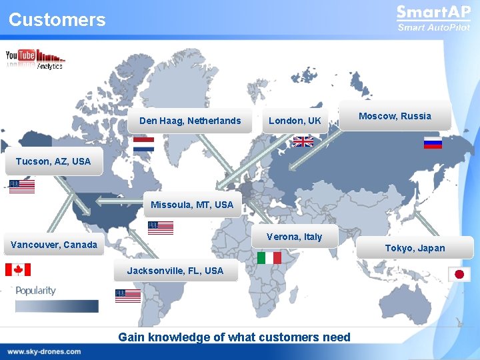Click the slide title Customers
coord(57,20)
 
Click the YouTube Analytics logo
coord(35,59)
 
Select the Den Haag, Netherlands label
coord(190,121)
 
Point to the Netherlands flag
coord(143,145)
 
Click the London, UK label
coord(295,121)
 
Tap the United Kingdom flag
coord(303,141)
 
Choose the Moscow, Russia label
coord(395,116)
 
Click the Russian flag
coord(433,142)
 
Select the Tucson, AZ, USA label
coord(53,161)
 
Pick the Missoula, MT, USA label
coord(192,205)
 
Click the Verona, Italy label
coord(294,237)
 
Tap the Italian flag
coord(269,257)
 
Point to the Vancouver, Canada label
coord(54,245)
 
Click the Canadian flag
coord(18,269)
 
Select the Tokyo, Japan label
coord(415,248)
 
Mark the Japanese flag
coord(459,274)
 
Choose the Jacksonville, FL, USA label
coord(175,271)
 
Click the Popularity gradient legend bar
coord(57,306)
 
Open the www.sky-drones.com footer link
coord(45,351)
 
